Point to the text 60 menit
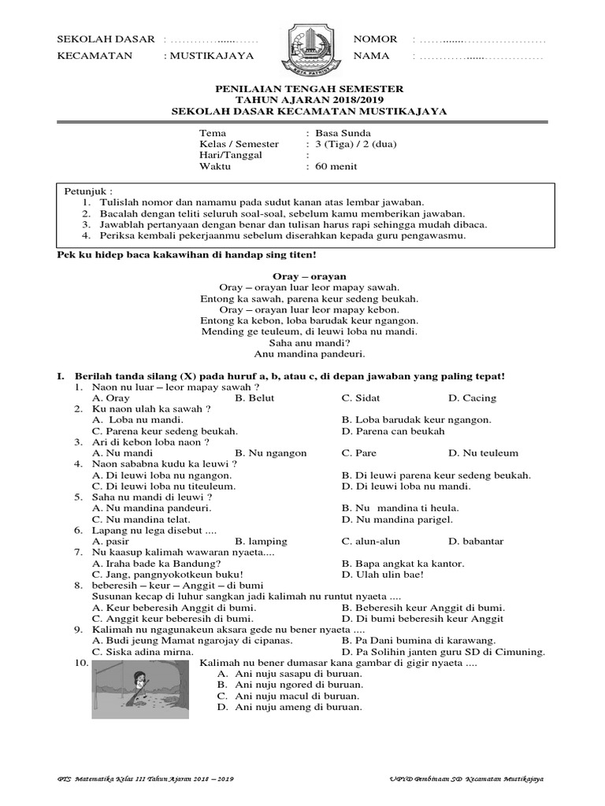pos(337,166)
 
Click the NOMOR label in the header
pos(375,39)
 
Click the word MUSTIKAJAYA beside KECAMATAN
pos(213,56)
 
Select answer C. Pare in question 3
pos(358,453)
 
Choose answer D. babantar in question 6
pos(476,542)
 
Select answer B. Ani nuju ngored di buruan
pos(289,685)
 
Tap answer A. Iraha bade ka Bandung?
pos(156,564)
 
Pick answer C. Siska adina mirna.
pos(142,652)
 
